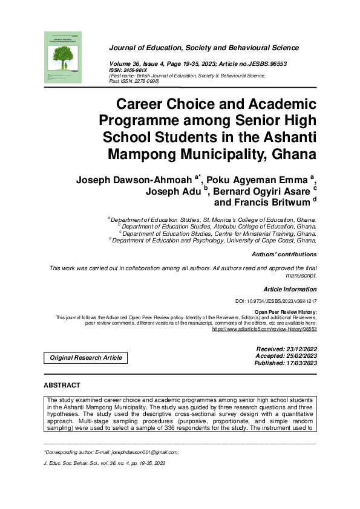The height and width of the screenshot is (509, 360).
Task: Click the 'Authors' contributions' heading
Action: pyautogui.click(x=284, y=254)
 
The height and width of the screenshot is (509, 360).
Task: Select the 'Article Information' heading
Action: pyautogui.click(x=290, y=290)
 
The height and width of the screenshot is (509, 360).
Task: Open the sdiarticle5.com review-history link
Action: pyautogui.click(x=264, y=330)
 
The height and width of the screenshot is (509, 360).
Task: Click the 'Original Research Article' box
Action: pyautogui.click(x=86, y=358)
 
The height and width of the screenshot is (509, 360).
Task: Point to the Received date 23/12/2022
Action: pyautogui.click(x=296, y=350)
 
